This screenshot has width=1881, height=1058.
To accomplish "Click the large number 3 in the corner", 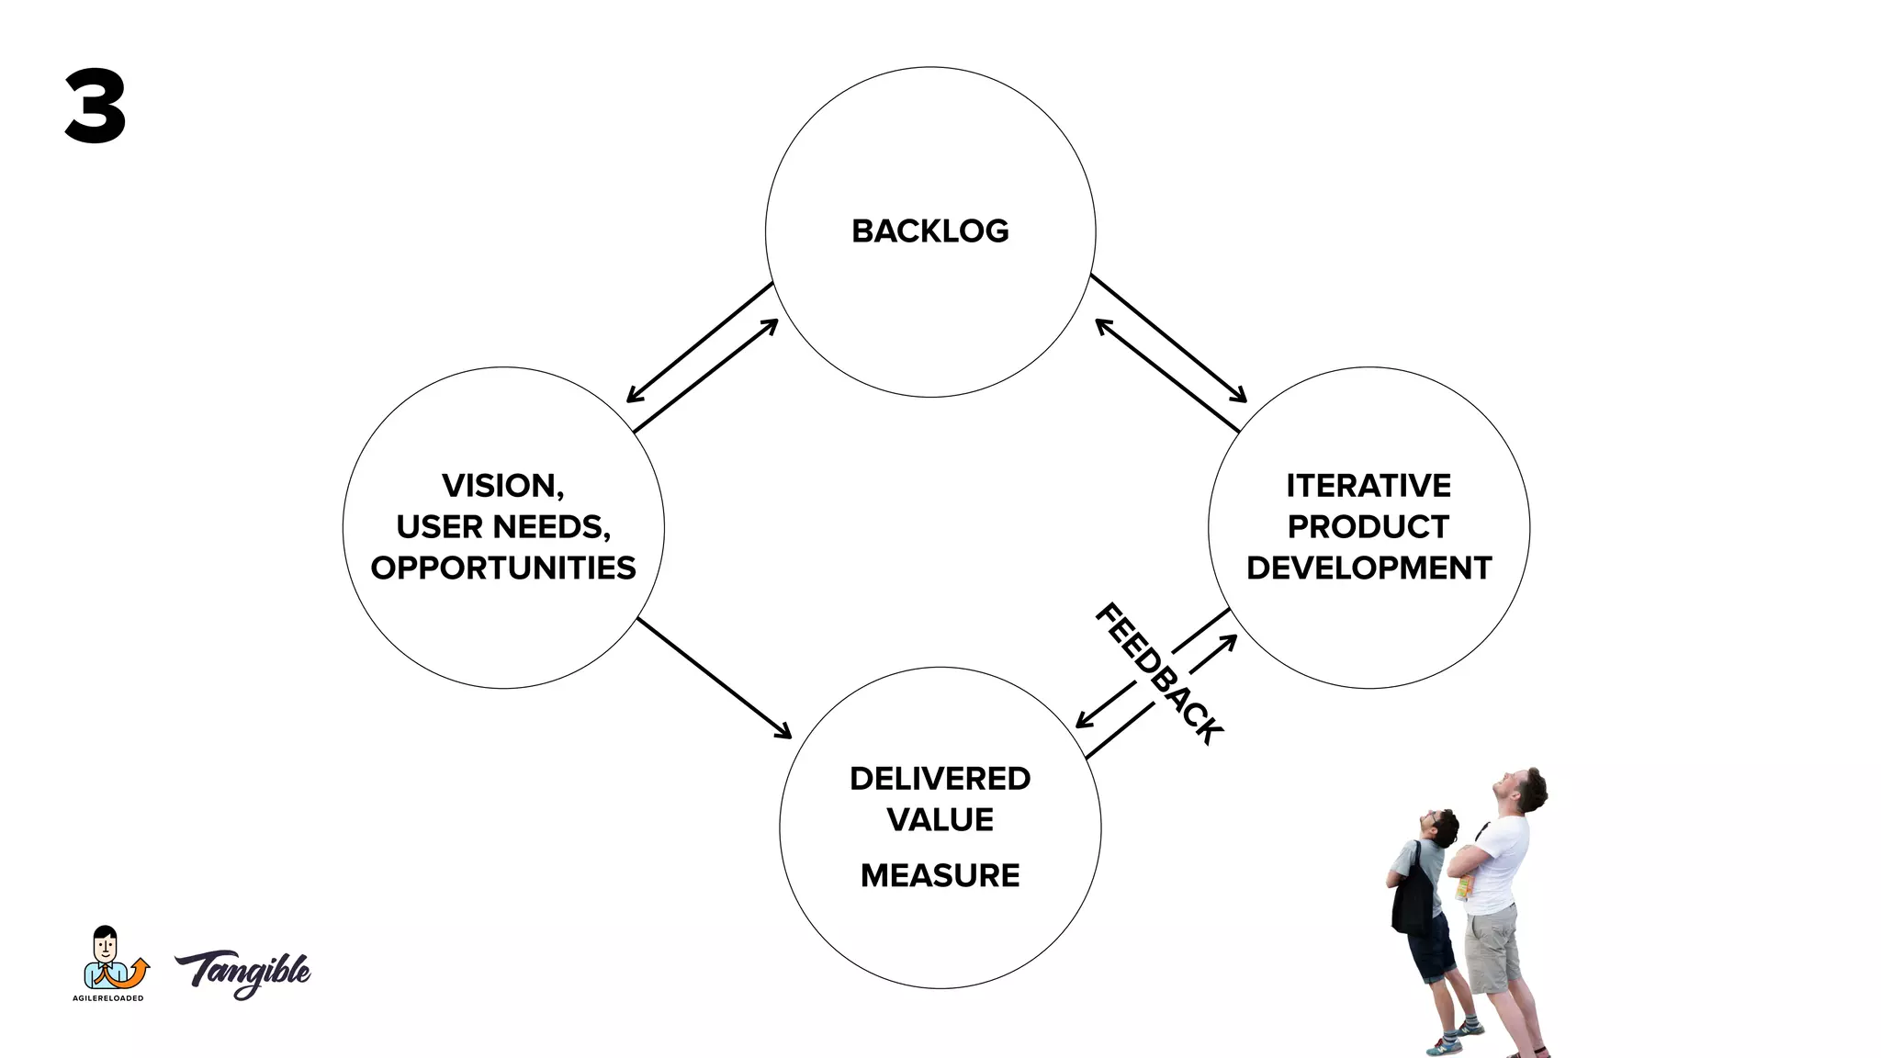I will [x=96, y=107].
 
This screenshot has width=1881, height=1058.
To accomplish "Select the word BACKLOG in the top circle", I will [x=929, y=231].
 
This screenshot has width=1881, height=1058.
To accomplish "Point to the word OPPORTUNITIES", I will [x=503, y=568].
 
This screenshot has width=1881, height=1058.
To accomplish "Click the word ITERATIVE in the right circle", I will [x=1369, y=485].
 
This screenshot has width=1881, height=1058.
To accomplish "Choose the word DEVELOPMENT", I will [x=1369, y=568].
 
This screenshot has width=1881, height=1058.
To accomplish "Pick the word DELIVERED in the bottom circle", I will [x=940, y=779].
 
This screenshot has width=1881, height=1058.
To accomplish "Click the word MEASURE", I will [x=940, y=875].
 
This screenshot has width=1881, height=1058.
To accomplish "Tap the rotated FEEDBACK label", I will [x=1159, y=673].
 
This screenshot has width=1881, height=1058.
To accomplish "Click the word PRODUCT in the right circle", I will [x=1369, y=526].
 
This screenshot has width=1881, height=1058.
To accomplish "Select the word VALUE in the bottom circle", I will [x=940, y=819].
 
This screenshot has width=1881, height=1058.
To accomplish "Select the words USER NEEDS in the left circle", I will [x=503, y=526].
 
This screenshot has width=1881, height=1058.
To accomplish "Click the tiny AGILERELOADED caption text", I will [x=108, y=998].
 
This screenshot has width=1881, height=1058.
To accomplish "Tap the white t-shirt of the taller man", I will [x=1499, y=863].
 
